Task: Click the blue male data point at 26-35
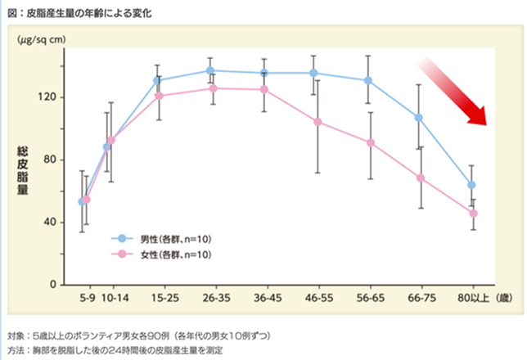point(211,70)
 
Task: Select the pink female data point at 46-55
point(316,122)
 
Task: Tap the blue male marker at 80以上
point(471,185)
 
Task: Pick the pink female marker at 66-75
point(420,178)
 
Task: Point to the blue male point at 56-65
point(368,80)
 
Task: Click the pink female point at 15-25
point(159,96)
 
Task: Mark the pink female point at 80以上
point(473,214)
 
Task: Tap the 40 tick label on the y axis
point(49,222)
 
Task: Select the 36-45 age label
point(263,298)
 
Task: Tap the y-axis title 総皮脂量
point(24,173)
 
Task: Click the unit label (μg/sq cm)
point(42,38)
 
